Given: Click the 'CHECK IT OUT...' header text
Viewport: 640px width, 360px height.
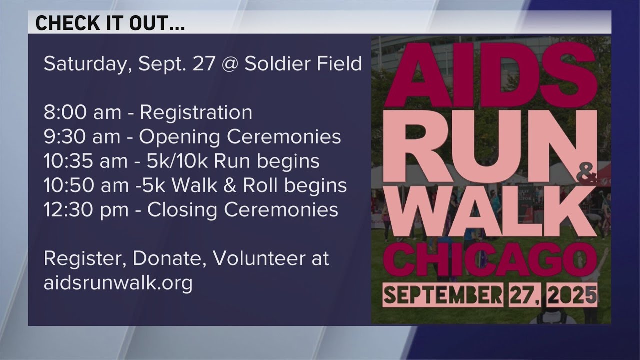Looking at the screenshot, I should point(110,23).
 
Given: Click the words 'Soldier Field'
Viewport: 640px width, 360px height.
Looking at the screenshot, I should point(303,64).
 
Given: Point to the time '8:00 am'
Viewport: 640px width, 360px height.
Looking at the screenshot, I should point(82,113).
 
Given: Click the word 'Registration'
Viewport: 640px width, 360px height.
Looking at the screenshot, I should point(196,113).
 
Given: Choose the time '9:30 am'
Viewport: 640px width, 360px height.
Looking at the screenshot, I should point(82,137).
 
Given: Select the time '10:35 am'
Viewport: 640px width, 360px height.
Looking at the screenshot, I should point(86,161).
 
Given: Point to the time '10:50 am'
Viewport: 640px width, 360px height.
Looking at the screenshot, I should point(86,185).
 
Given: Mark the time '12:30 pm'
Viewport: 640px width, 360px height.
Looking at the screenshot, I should point(86,209).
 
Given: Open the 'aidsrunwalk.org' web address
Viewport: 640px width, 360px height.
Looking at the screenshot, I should point(118,283).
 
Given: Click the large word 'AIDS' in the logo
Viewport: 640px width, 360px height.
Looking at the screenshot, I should point(484,73).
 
